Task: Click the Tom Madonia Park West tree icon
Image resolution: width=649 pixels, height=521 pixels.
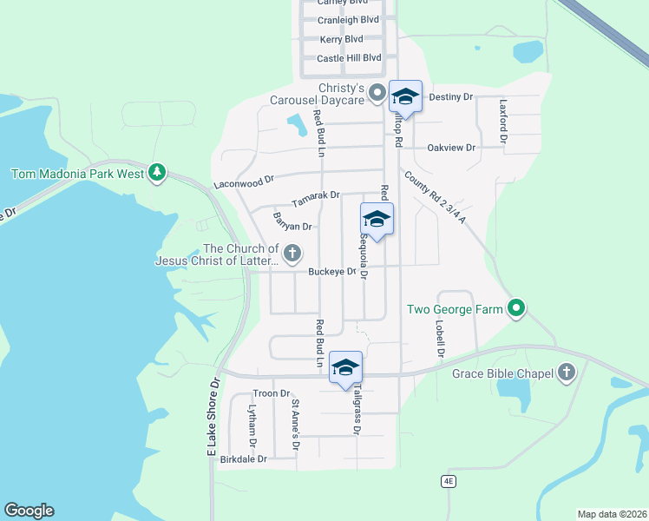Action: click(157, 173)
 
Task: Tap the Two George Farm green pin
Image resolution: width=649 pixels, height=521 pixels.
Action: click(517, 307)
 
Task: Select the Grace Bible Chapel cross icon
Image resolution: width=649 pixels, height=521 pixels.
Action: click(567, 373)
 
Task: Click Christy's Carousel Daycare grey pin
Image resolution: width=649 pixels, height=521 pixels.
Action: click(377, 92)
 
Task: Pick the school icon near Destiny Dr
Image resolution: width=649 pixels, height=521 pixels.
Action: click(405, 96)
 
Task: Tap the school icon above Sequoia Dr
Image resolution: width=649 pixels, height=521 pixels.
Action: click(377, 219)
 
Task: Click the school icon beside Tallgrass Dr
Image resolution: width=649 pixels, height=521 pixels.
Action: click(345, 367)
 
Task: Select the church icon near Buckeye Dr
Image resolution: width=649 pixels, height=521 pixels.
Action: click(293, 254)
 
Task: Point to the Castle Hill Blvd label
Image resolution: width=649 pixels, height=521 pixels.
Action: click(349, 58)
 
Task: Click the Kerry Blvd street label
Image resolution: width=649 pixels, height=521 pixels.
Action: click(342, 39)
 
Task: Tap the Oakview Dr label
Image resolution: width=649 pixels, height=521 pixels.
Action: click(451, 148)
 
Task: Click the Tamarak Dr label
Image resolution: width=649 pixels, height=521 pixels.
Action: click(315, 199)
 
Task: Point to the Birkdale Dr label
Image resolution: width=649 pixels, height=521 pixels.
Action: click(244, 458)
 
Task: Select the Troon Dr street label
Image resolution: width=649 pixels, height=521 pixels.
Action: click(272, 393)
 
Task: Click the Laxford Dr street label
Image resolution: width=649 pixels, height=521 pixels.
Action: click(502, 120)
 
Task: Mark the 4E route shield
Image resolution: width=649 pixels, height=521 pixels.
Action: click(448, 479)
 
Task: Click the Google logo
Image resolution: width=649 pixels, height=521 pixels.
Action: click(29, 511)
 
